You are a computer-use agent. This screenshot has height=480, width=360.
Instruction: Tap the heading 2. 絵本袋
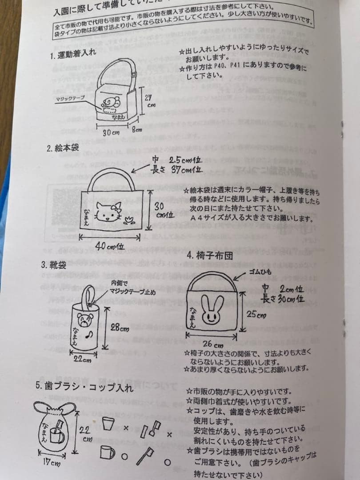click(x=63, y=148)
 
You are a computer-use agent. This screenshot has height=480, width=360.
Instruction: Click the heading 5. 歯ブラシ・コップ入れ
click(x=84, y=386)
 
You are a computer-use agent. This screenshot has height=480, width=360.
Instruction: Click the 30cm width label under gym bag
click(x=112, y=132)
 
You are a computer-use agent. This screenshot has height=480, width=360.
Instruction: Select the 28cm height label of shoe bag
click(x=120, y=328)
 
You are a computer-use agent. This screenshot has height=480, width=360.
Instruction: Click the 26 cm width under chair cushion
click(x=213, y=344)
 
